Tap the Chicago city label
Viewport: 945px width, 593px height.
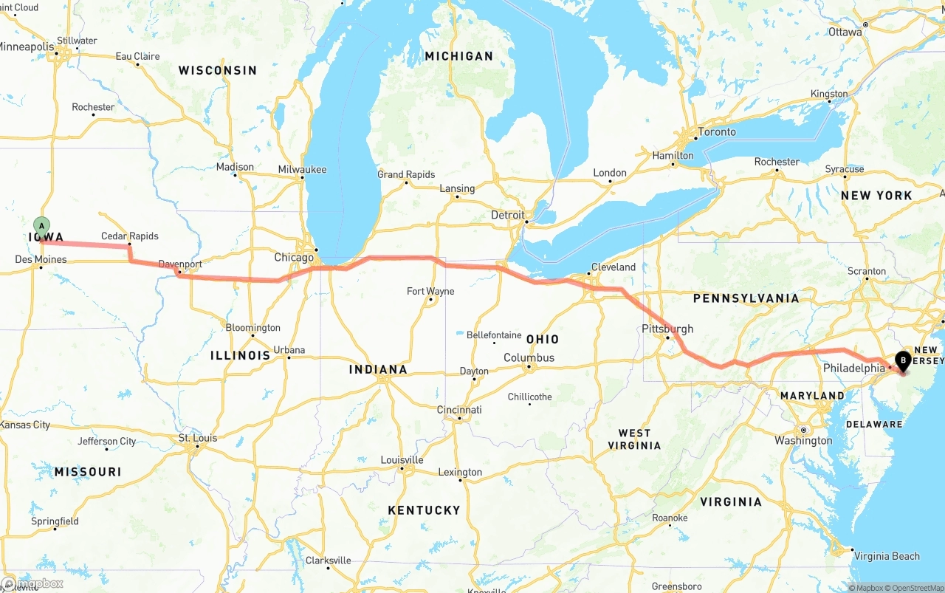click(294, 258)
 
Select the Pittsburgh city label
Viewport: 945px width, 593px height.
click(667, 329)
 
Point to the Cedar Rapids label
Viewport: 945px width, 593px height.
click(130, 236)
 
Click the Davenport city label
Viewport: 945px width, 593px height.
click(180, 264)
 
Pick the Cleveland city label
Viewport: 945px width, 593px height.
click(613, 267)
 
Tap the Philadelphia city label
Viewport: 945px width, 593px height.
click(853, 368)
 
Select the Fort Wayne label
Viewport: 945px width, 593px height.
click(430, 291)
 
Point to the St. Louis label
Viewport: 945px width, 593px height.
click(198, 438)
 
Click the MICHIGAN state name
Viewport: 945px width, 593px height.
click(458, 56)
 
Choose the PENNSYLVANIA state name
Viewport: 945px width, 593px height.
click(746, 298)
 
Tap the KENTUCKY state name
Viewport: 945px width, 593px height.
click(424, 510)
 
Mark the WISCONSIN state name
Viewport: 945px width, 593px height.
click(217, 71)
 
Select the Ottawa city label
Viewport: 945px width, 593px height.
click(845, 32)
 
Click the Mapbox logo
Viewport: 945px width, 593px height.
click(32, 583)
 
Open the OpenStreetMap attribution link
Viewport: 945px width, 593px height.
click(914, 588)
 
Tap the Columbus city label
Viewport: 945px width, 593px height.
click(529, 358)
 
